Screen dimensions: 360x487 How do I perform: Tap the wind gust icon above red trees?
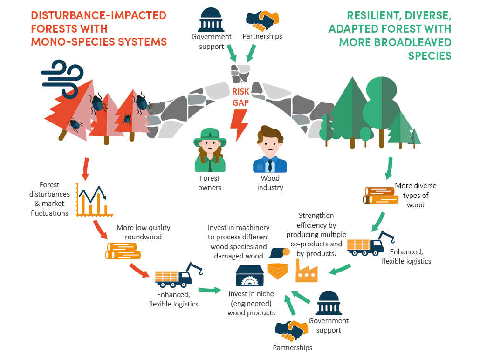click(x=62, y=74)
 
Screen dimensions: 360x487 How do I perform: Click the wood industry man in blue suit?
click(x=270, y=151)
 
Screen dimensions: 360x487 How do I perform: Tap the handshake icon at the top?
click(x=262, y=19)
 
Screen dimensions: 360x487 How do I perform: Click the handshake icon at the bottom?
click(x=291, y=330)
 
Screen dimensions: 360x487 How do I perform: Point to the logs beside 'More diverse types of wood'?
click(x=380, y=195)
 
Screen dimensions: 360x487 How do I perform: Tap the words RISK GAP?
click(x=240, y=97)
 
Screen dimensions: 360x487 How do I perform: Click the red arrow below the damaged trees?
click(x=85, y=170)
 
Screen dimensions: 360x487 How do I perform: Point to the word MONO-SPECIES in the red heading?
click(x=71, y=42)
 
